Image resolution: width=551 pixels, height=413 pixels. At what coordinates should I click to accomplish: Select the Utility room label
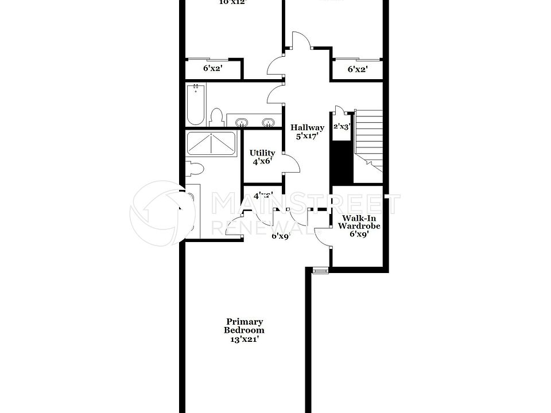pyautogui.click(x=262, y=153)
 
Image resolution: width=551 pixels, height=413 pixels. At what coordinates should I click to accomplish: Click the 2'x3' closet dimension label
pyautogui.click(x=342, y=127)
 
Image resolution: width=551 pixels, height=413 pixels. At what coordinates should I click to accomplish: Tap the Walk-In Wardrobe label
pyautogui.click(x=359, y=222)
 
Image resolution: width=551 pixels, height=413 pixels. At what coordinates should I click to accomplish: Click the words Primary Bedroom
pyautogui.click(x=244, y=326)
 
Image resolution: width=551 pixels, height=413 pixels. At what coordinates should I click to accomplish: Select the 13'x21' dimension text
pyautogui.click(x=245, y=339)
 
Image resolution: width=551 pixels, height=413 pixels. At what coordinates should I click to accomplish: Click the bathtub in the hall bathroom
pyautogui.click(x=196, y=104)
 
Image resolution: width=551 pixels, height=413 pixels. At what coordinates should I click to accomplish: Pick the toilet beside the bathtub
pyautogui.click(x=216, y=118)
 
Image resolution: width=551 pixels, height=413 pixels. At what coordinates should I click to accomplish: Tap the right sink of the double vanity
pyautogui.click(x=267, y=122)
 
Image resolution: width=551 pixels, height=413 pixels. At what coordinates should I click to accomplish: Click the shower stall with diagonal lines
pyautogui.click(x=211, y=143)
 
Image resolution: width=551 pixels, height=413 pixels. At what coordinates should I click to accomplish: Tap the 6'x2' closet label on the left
pyautogui.click(x=212, y=69)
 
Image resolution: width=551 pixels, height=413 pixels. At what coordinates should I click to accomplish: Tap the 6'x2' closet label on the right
pyautogui.click(x=358, y=69)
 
